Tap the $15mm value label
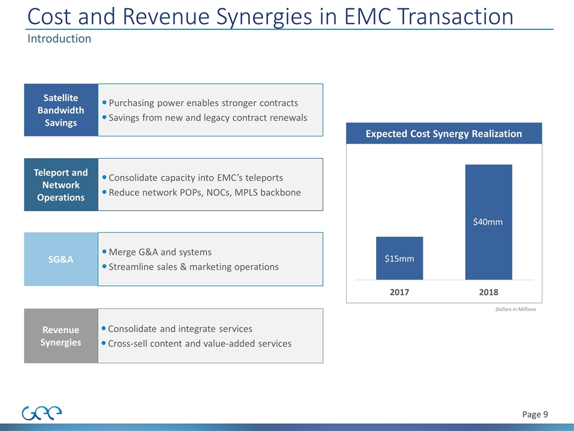tap(399, 259)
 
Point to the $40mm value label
tap(488, 222)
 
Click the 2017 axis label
tap(399, 292)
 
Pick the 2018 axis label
tap(488, 292)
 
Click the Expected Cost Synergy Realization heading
tap(444, 133)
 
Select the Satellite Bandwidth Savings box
tap(61, 110)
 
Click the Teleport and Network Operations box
tap(61, 184)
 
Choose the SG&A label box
tap(61, 259)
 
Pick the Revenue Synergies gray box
tap(61, 336)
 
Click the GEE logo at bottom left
tap(42, 413)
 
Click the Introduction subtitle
tap(59, 39)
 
